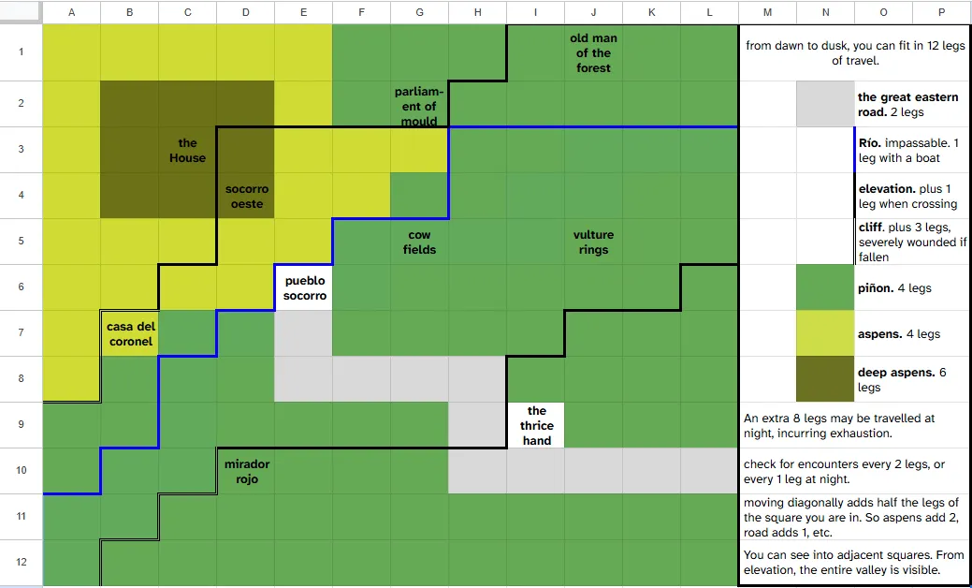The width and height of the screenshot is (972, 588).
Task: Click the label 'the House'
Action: (x=187, y=150)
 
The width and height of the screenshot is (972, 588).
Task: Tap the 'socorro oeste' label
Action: (x=247, y=196)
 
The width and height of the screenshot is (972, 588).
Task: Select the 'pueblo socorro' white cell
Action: (x=304, y=287)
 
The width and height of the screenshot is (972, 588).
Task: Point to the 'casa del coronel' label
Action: (x=129, y=333)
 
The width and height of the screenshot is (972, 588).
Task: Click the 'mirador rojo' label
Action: (x=247, y=471)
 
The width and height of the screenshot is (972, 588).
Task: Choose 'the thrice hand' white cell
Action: (x=536, y=425)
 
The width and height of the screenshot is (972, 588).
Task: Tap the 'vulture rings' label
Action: (x=593, y=242)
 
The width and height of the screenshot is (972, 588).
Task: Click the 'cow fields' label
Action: (x=420, y=242)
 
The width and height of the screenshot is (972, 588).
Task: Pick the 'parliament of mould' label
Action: (x=419, y=106)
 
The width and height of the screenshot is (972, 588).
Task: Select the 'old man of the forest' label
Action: (x=593, y=52)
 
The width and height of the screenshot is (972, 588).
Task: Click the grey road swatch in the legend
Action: (x=825, y=104)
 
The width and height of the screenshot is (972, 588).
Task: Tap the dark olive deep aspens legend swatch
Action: (x=825, y=379)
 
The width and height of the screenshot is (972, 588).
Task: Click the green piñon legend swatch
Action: (x=825, y=287)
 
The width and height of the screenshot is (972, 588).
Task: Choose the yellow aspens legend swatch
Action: (x=825, y=333)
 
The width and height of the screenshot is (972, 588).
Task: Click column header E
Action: (x=304, y=12)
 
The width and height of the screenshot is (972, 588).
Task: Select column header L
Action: (x=709, y=12)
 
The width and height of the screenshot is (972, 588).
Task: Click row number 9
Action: (x=22, y=425)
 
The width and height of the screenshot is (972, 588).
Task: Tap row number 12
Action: (x=22, y=563)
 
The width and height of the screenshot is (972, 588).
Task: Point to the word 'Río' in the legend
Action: (x=870, y=142)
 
